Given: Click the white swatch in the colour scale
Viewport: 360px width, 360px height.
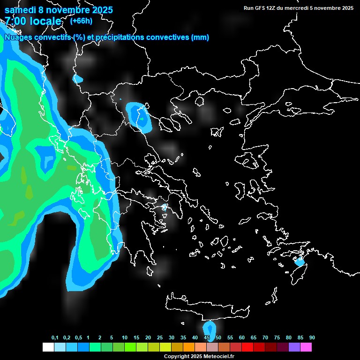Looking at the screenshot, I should [48, 347].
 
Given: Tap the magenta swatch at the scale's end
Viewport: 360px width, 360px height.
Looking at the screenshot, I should [306, 347].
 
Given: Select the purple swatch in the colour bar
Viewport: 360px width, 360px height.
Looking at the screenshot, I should [294, 347].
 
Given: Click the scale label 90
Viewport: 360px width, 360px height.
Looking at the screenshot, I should [312, 337].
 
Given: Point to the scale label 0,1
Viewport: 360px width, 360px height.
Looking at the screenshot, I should [55, 337].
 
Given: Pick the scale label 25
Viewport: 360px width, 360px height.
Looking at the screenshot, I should [160, 337].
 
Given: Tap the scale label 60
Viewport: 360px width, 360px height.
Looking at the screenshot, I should [242, 337].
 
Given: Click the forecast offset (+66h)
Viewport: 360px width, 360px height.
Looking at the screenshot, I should [81, 21].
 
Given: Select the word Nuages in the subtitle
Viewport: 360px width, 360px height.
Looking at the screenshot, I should [17, 37].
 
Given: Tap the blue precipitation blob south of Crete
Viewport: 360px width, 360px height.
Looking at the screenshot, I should [208, 328].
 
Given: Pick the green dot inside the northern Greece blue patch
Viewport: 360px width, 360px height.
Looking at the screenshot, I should [141, 119].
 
